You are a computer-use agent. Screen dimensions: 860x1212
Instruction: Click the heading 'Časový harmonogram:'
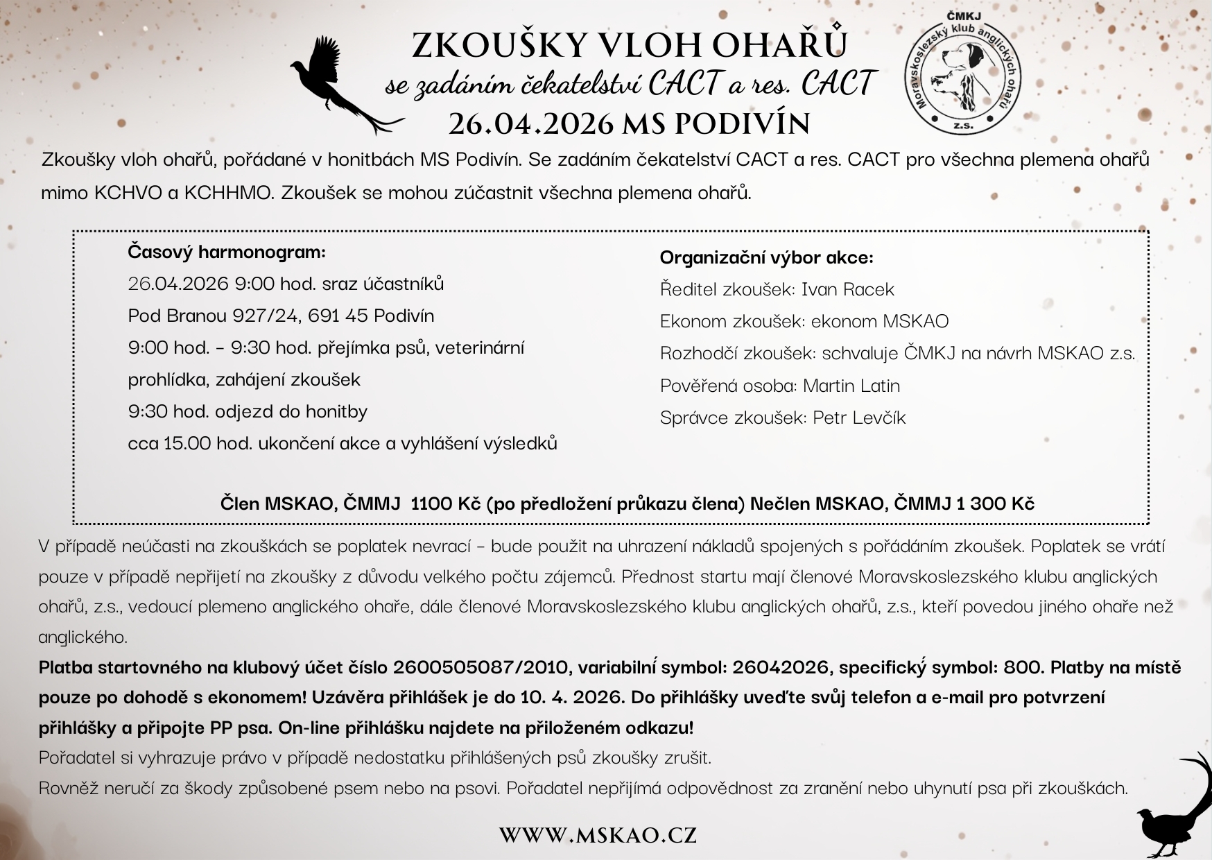tap(227, 252)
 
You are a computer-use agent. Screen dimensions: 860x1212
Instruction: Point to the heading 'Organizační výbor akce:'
tap(766, 258)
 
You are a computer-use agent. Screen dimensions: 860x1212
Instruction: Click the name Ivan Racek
tap(847, 289)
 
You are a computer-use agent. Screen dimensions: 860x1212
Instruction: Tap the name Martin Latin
tap(851, 386)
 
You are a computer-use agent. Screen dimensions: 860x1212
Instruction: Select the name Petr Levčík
tap(859, 418)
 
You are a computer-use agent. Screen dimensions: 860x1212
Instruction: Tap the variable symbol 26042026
tap(781, 667)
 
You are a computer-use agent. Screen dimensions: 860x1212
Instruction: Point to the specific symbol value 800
tap(1023, 667)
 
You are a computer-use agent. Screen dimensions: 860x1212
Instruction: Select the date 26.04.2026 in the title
tap(531, 124)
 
